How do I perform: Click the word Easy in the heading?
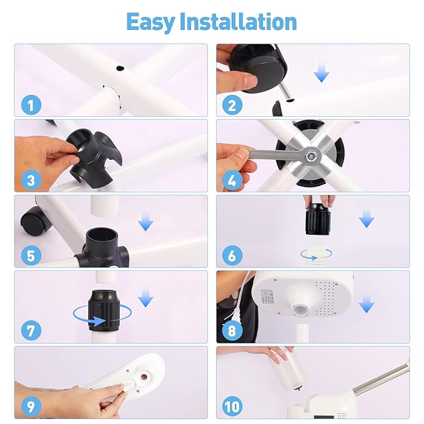click(x=150, y=21)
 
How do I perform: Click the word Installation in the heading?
click(x=239, y=21)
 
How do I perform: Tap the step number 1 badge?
click(x=30, y=104)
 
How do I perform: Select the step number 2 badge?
click(x=232, y=104)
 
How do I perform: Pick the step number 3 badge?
click(x=30, y=180)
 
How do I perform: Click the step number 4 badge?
click(x=232, y=180)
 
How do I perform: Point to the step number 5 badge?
click(x=30, y=256)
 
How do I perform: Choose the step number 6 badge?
click(x=232, y=256)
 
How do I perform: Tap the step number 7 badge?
click(x=30, y=332)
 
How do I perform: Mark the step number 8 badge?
click(x=232, y=332)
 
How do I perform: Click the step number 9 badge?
click(x=30, y=407)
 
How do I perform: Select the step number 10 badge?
click(x=232, y=407)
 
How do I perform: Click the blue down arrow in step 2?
click(x=322, y=74)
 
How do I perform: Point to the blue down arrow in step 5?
click(x=145, y=222)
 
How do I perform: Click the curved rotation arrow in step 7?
click(x=94, y=316)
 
